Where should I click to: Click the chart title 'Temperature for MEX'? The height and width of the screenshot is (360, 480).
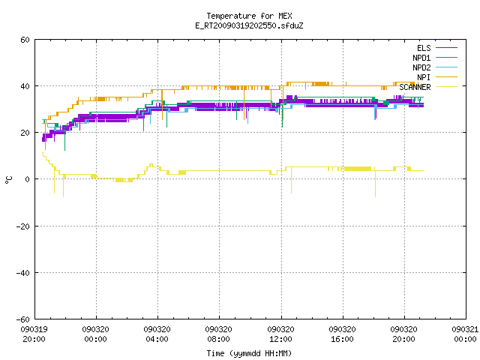pyautogui.click(x=249, y=16)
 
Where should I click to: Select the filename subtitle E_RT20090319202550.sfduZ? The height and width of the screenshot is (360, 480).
pyautogui.click(x=249, y=25)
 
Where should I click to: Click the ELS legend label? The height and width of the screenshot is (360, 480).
pyautogui.click(x=424, y=48)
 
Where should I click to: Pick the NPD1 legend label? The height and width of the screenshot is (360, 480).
pyautogui.click(x=421, y=58)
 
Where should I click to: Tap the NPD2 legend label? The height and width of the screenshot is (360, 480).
pyautogui.click(x=421, y=67)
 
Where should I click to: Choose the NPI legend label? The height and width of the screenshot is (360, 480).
pyautogui.click(x=424, y=77)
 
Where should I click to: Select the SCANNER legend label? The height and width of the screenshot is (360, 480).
pyautogui.click(x=415, y=87)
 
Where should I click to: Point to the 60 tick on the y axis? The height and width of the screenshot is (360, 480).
pyautogui.click(x=25, y=40)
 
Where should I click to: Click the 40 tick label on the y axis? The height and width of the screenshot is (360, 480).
pyautogui.click(x=25, y=86)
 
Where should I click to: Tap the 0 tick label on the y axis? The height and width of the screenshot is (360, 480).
pyautogui.click(x=28, y=179)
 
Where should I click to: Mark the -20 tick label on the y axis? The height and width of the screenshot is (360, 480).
pyautogui.click(x=23, y=226)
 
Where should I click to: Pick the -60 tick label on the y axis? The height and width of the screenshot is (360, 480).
pyautogui.click(x=23, y=319)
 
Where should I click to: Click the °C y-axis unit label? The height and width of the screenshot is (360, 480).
pyautogui.click(x=9, y=180)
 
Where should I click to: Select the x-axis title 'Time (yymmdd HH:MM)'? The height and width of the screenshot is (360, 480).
pyautogui.click(x=249, y=353)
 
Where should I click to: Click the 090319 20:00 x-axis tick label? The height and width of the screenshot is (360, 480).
pyautogui.click(x=34, y=334)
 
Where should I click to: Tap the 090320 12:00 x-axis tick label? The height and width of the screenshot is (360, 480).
pyautogui.click(x=280, y=334)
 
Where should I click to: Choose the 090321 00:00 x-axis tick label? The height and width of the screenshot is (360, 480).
pyautogui.click(x=465, y=334)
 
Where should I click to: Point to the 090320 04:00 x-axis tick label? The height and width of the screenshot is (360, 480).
pyautogui.click(x=157, y=334)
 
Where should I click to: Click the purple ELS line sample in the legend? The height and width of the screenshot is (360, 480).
pyautogui.click(x=446, y=48)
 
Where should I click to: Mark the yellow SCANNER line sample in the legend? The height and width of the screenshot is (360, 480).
pyautogui.click(x=446, y=87)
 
